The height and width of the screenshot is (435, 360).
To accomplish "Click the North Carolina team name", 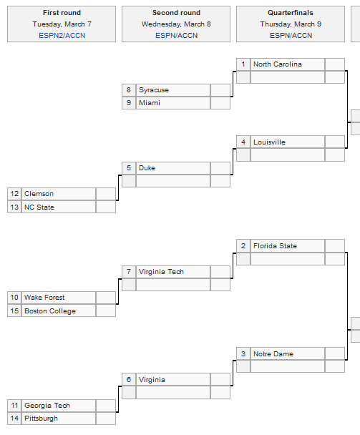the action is click(x=277, y=64).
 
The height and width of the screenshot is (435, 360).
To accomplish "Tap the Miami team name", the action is click(x=150, y=103).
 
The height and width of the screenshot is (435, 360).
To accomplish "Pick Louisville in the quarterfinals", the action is click(x=269, y=142).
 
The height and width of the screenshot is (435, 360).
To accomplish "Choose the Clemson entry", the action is click(x=39, y=194).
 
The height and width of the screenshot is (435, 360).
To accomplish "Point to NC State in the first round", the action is click(x=39, y=207).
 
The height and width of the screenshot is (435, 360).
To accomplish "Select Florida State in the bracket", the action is click(x=275, y=246).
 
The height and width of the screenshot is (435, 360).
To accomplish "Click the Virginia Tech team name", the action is click(x=161, y=272).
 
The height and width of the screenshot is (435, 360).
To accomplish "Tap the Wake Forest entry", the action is click(x=44, y=298).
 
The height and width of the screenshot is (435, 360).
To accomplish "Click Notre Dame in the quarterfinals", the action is click(x=273, y=354).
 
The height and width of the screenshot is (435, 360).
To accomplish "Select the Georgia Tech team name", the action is click(x=47, y=406).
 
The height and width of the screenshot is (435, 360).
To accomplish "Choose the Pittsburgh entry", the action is click(x=41, y=419).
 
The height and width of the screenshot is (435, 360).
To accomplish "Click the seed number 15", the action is click(x=14, y=311).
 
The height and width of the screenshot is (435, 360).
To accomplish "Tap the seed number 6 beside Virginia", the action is click(x=129, y=380).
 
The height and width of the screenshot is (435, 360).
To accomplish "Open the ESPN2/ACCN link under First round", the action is click(x=62, y=36).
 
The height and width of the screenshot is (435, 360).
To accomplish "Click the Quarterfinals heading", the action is click(x=291, y=13).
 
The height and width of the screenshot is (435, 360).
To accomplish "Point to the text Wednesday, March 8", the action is click(x=176, y=24).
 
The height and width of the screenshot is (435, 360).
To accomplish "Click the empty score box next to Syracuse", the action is click(x=220, y=90).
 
